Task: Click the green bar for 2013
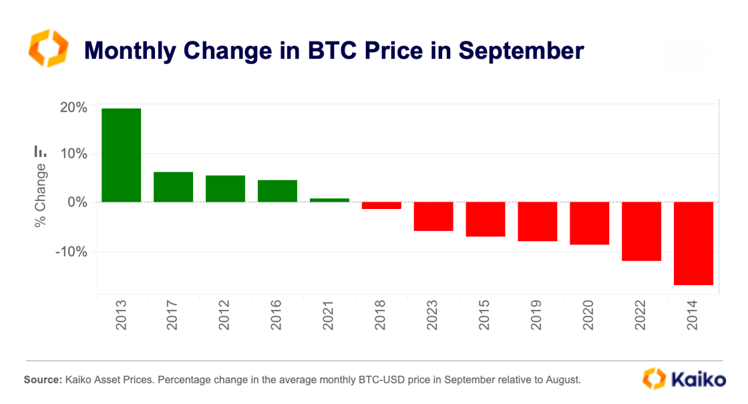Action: pos(121,155)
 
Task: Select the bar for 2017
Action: pos(173,187)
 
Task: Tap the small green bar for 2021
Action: pos(329,200)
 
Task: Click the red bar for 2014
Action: pos(693,243)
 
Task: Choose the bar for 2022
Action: pos(641,231)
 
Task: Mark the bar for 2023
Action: pos(433,216)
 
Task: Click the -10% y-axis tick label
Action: pos(69,252)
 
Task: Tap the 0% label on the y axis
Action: pos(75,202)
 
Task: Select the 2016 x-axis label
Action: pos(277,317)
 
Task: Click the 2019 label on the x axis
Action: pos(538,317)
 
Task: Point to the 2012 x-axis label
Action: pos(225,317)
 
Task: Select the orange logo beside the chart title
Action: pos(47,48)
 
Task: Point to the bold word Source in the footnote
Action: pos(42,380)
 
